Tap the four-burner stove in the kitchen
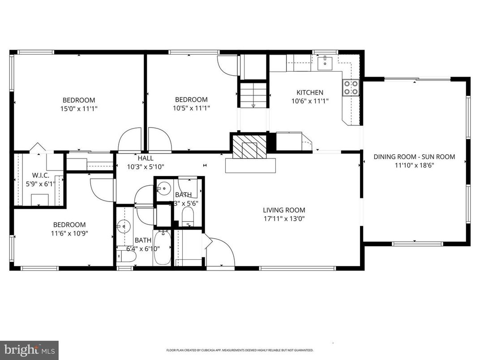click(x=351, y=88)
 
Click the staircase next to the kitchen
click(x=253, y=95)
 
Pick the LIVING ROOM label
click(x=284, y=210)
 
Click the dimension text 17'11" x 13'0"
click(x=284, y=219)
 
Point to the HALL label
click(x=146, y=158)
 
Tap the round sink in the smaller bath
click(x=164, y=189)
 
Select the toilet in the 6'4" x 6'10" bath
click(x=126, y=256)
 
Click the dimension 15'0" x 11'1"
click(x=79, y=108)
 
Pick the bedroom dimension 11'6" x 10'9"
click(x=69, y=233)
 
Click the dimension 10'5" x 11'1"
click(x=191, y=108)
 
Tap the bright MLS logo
click(x=29, y=349)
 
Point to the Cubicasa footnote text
click(x=240, y=351)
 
